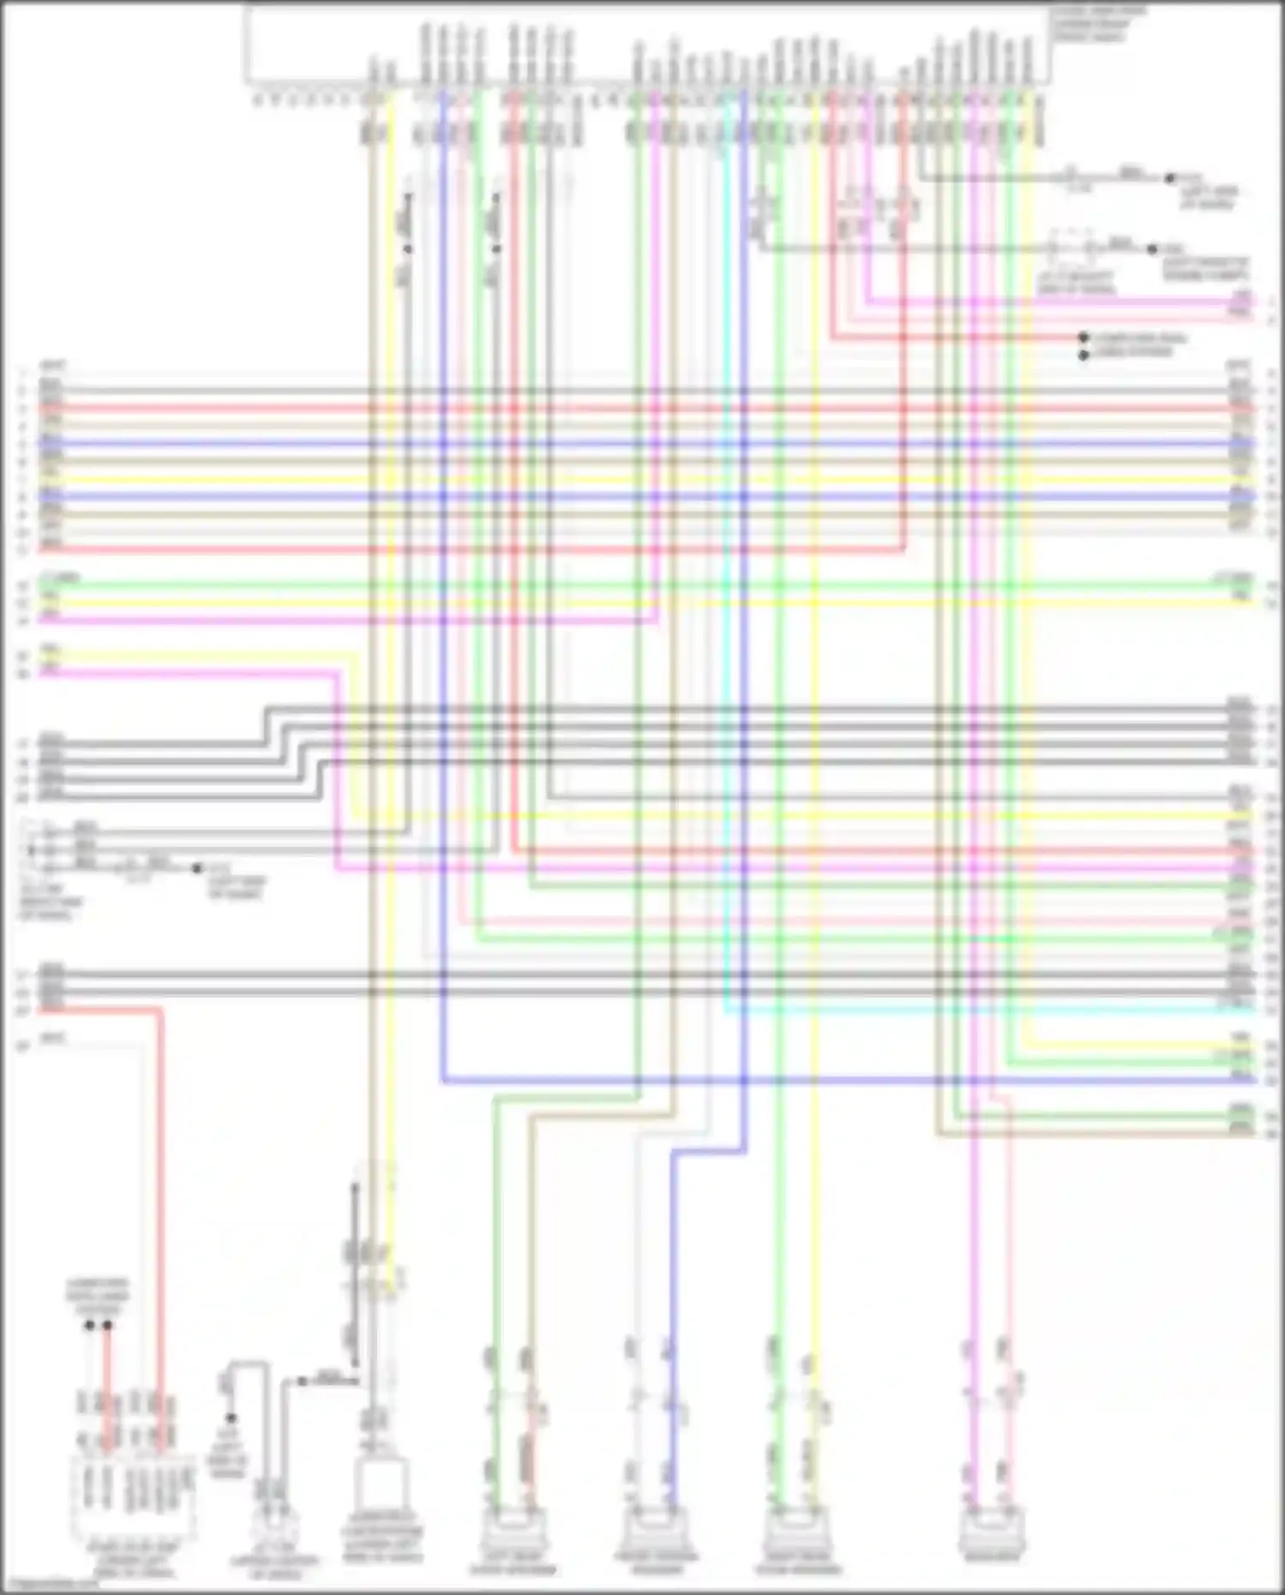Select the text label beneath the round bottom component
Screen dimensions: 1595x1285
tap(274, 1568)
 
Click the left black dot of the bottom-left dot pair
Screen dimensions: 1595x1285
tap(89, 1326)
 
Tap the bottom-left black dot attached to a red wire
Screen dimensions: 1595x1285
tap(107, 1326)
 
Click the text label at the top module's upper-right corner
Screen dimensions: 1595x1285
tap(1097, 24)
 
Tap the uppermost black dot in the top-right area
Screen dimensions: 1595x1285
tap(1169, 178)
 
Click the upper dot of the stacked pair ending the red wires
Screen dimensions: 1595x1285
tap(1084, 338)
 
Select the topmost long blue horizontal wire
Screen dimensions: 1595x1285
tap(643, 444)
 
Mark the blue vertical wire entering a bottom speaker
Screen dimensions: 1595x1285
tap(672, 1328)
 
